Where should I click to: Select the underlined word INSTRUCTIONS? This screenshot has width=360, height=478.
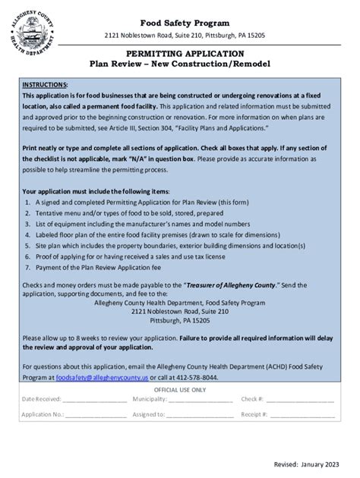[x=45, y=83]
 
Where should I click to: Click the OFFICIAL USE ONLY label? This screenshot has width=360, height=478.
[x=179, y=389]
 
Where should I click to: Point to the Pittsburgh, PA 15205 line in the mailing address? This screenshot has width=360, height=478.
[x=179, y=319]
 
